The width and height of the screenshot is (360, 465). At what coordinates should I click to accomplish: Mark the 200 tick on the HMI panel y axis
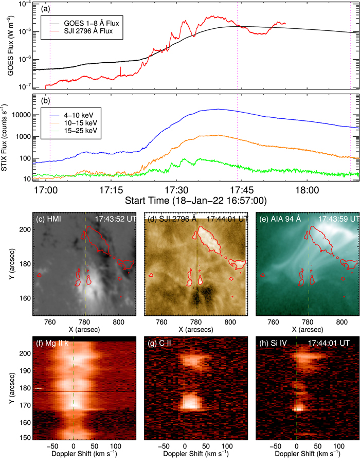point(23,244)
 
